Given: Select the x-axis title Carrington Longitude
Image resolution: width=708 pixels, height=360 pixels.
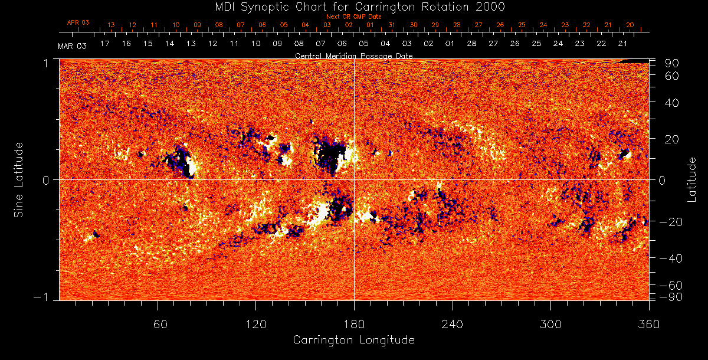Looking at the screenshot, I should pos(353,340).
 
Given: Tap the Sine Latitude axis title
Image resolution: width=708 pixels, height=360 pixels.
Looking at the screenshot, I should pos(19,179).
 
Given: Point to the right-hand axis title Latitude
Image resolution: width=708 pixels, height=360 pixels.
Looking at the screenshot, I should pos(692,179).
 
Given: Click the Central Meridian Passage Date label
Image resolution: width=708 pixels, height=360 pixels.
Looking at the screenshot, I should pos(353,55).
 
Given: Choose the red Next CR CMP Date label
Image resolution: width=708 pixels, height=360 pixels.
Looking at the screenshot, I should pos(353,17).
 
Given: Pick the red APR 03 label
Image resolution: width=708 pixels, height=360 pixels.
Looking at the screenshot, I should pos(78,22).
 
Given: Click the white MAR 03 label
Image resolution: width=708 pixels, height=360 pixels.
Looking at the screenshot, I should pos(72,46).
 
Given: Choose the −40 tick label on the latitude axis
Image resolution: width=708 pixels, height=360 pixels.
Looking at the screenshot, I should pos(671,258).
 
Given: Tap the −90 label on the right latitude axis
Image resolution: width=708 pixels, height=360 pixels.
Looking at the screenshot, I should pos(671,296).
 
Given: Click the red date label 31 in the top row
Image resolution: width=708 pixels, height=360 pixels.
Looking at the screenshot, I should pos(392,25).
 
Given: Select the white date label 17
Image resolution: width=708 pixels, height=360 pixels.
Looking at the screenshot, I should pos(105,44).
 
